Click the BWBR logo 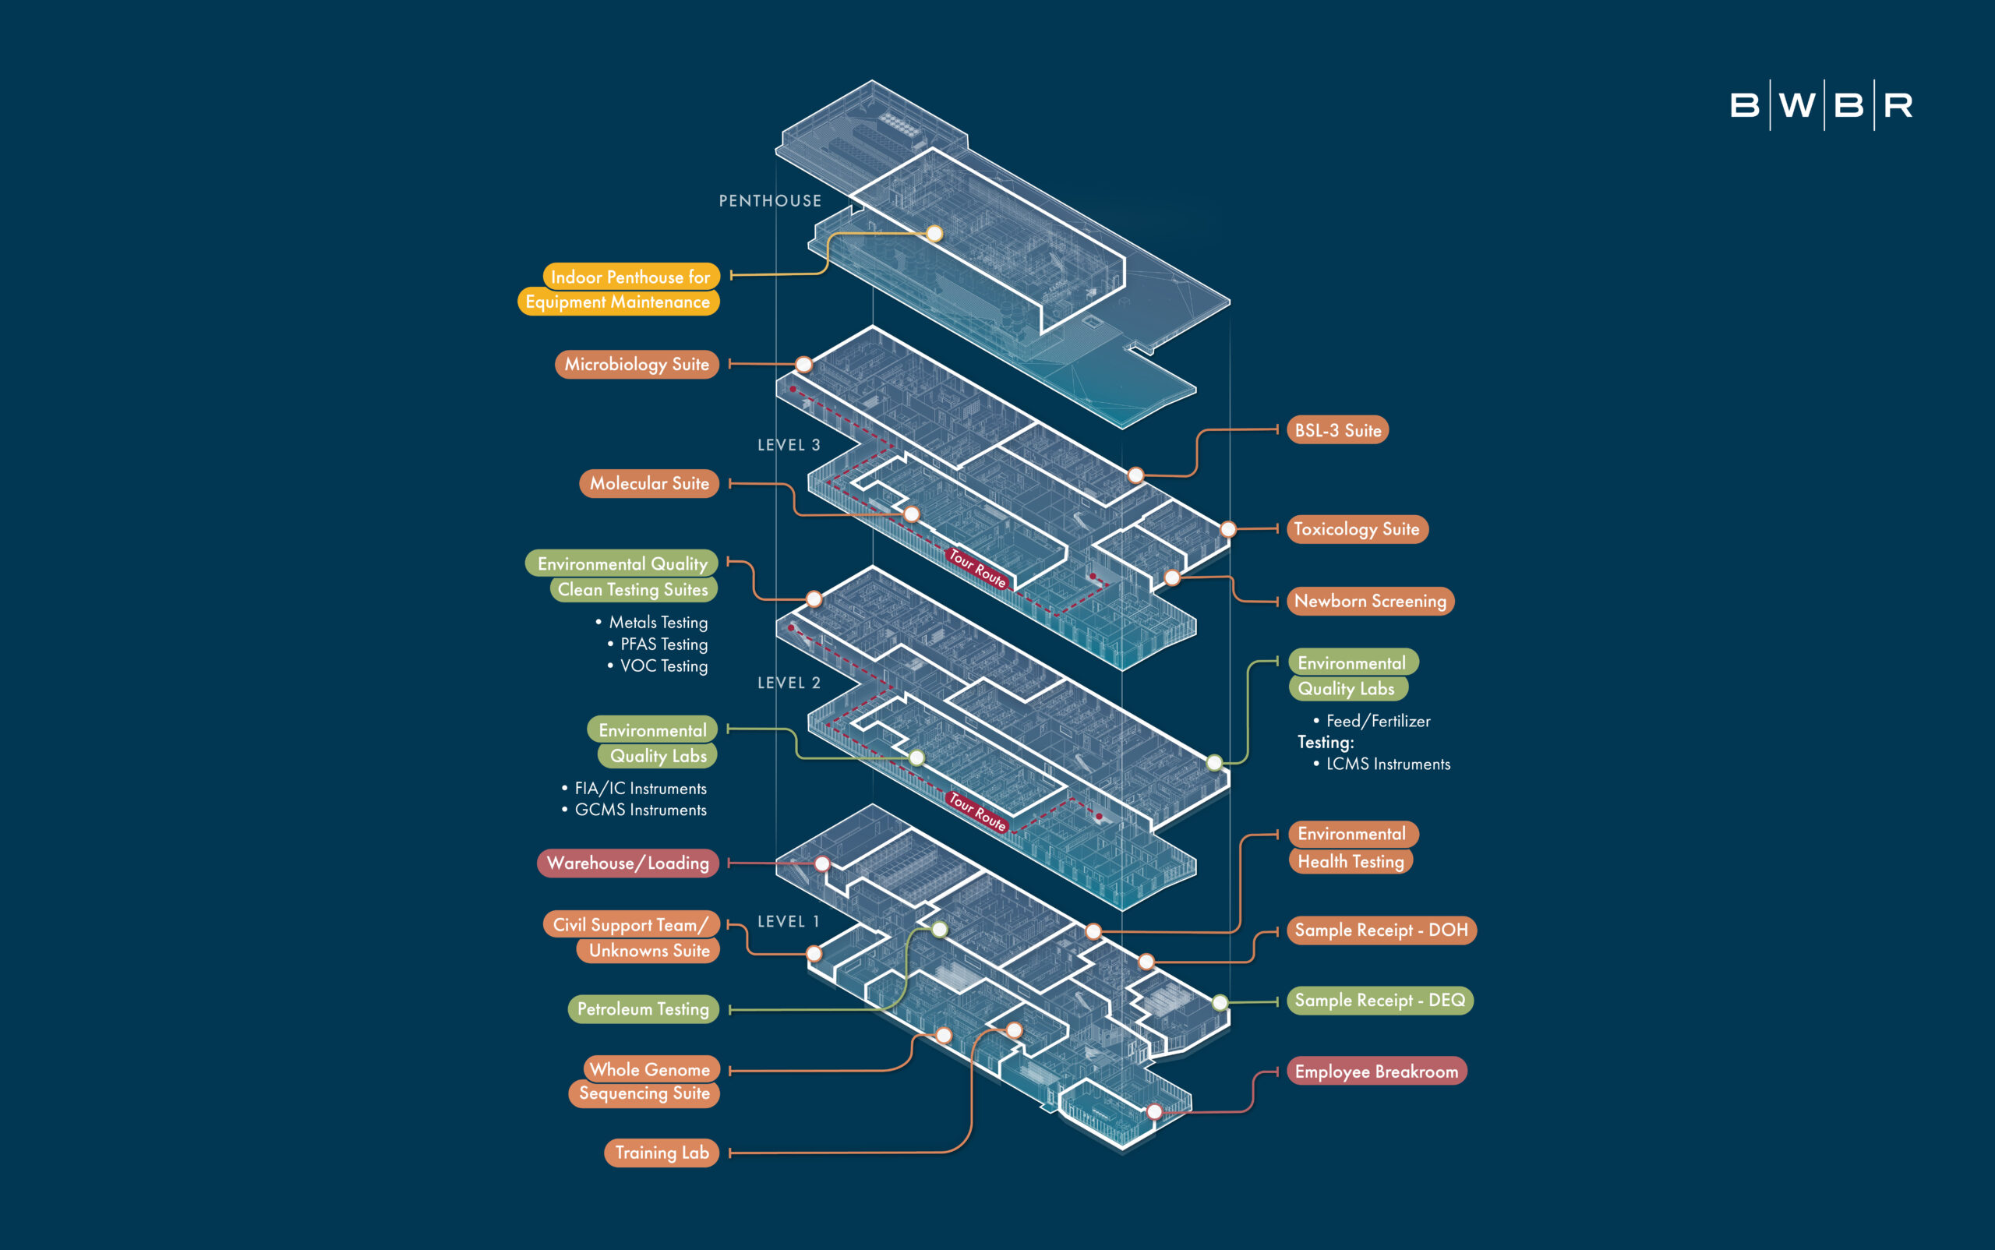(1820, 105)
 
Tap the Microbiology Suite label (637, 365)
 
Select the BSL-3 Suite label (1337, 430)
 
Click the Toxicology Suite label (1357, 529)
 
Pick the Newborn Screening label (1370, 601)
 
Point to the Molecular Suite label (649, 484)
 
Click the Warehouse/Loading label (627, 863)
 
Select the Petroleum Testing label (642, 1009)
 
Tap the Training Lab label (662, 1153)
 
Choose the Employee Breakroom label (1375, 1072)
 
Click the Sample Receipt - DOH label (1381, 930)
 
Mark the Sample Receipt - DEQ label (1379, 1001)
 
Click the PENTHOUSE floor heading (770, 201)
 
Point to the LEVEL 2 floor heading (789, 683)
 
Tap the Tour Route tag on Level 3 (977, 569)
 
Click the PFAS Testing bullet (664, 644)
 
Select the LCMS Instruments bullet (1387, 764)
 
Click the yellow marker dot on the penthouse (934, 233)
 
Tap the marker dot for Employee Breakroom (1154, 1112)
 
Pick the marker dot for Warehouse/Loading (822, 864)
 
